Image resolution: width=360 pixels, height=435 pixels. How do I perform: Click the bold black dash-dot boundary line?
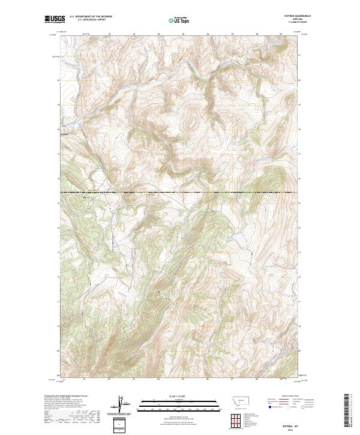point(180,192)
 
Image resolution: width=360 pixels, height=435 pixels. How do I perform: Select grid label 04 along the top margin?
point(158,34)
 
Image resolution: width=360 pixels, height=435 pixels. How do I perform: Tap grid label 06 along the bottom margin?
point(208,379)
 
